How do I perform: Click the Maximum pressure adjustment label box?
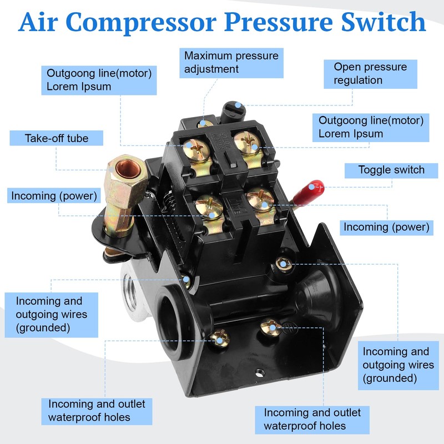click(x=231, y=62)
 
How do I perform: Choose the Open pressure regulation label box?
click(x=370, y=73)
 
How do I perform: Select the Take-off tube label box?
click(x=56, y=138)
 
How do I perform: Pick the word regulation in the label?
click(x=358, y=80)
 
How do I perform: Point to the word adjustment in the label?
click(x=211, y=69)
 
